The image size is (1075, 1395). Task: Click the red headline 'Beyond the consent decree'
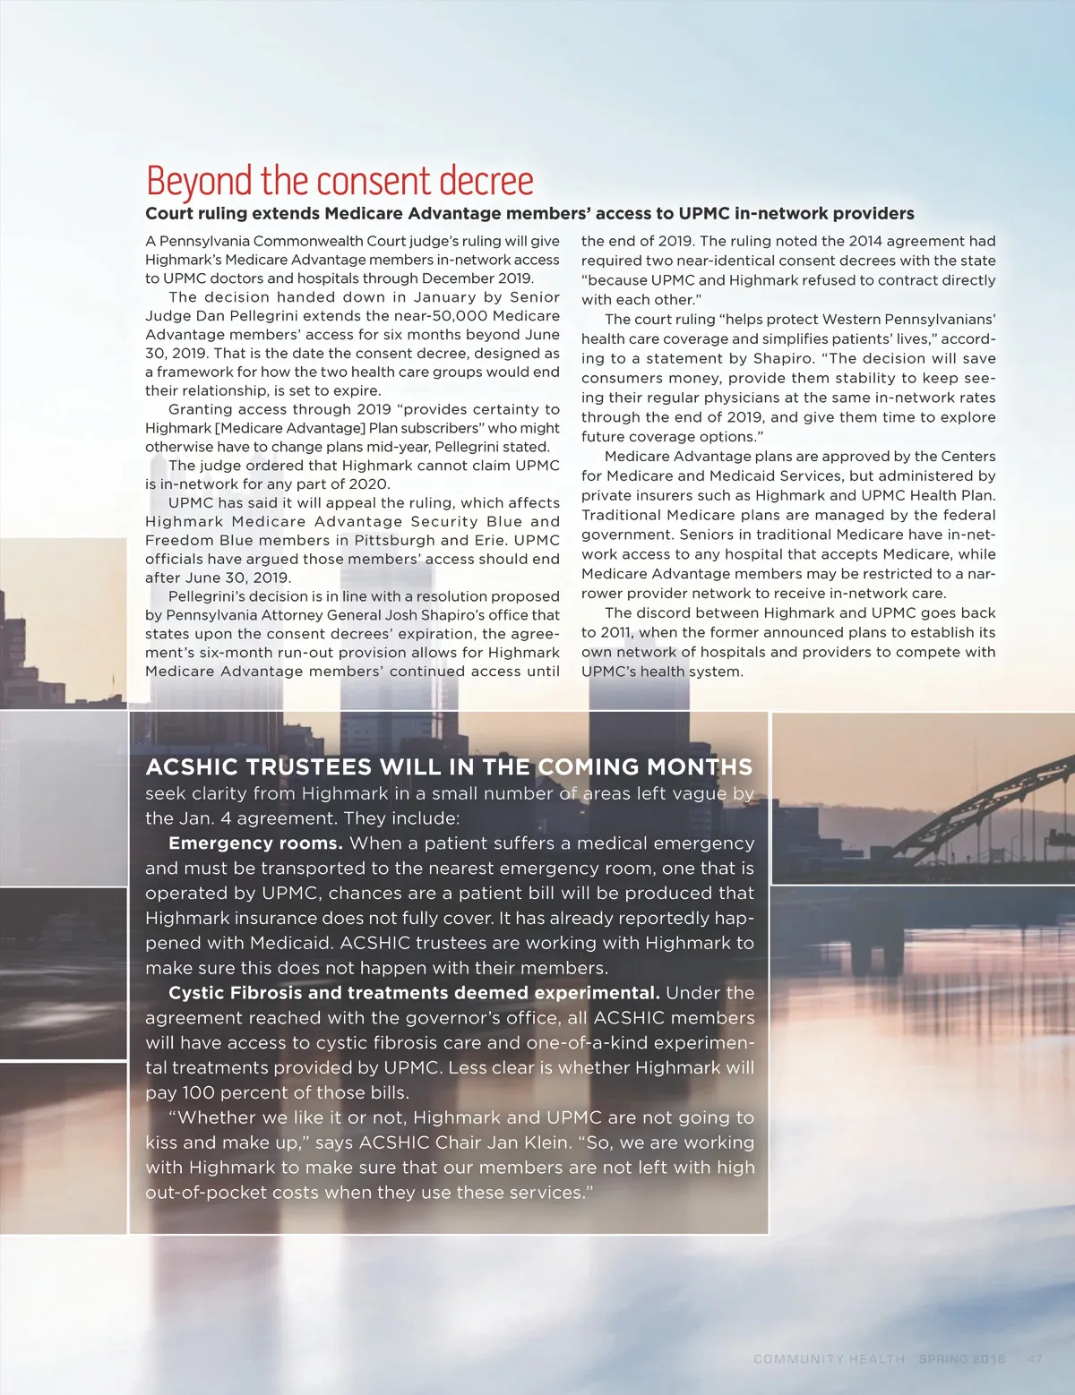pos(340,181)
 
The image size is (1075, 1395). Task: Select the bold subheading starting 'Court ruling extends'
pos(529,213)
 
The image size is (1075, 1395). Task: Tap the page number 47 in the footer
pos(1035,1358)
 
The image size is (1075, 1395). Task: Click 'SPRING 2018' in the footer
pos(961,1358)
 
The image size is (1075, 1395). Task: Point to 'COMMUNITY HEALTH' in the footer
pos(829,1358)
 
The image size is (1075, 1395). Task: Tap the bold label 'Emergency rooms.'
pos(255,843)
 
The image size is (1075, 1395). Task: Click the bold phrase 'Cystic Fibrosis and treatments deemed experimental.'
pos(414,993)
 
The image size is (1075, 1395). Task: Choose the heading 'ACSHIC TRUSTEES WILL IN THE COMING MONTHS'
pos(449,767)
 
